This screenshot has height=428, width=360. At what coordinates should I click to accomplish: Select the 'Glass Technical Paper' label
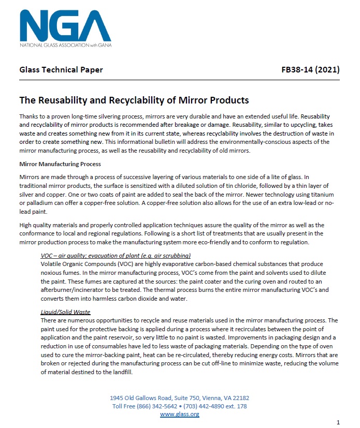click(x=61, y=70)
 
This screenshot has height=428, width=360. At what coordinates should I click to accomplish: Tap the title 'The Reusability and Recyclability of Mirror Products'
click(x=134, y=100)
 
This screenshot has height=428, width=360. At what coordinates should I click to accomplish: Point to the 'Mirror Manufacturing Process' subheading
click(x=60, y=164)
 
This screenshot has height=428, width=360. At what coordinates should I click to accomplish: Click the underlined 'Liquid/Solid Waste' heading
click(x=65, y=313)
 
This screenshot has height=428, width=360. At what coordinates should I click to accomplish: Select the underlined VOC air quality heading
click(x=116, y=256)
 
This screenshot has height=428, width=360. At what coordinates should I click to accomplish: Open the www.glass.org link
click(x=180, y=414)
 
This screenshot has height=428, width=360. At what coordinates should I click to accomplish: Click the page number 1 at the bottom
click(x=338, y=422)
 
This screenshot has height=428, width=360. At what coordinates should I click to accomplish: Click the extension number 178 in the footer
click(x=241, y=406)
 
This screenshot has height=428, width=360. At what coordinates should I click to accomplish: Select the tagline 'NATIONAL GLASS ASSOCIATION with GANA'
click(x=65, y=45)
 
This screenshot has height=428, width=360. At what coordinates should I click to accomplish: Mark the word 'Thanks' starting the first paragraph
click(x=29, y=117)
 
